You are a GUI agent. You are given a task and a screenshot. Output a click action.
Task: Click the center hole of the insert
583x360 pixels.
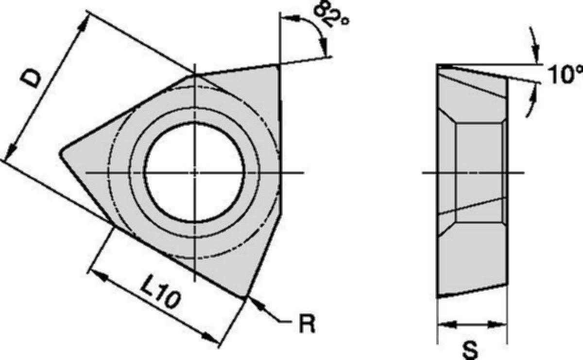pyautogui.click(x=194, y=172)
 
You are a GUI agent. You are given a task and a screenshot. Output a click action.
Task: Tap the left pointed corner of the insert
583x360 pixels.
pyautogui.click(x=61, y=153)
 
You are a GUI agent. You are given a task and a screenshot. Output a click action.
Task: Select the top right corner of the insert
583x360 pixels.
pyautogui.click(x=279, y=65)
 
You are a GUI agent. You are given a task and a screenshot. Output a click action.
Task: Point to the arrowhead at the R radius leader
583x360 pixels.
pyautogui.click(x=256, y=304)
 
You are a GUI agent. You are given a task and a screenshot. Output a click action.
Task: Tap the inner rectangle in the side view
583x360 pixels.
pyautogui.click(x=480, y=172)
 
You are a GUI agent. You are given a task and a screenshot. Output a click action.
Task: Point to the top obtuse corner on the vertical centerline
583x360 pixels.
pyautogui.click(x=194, y=75)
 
